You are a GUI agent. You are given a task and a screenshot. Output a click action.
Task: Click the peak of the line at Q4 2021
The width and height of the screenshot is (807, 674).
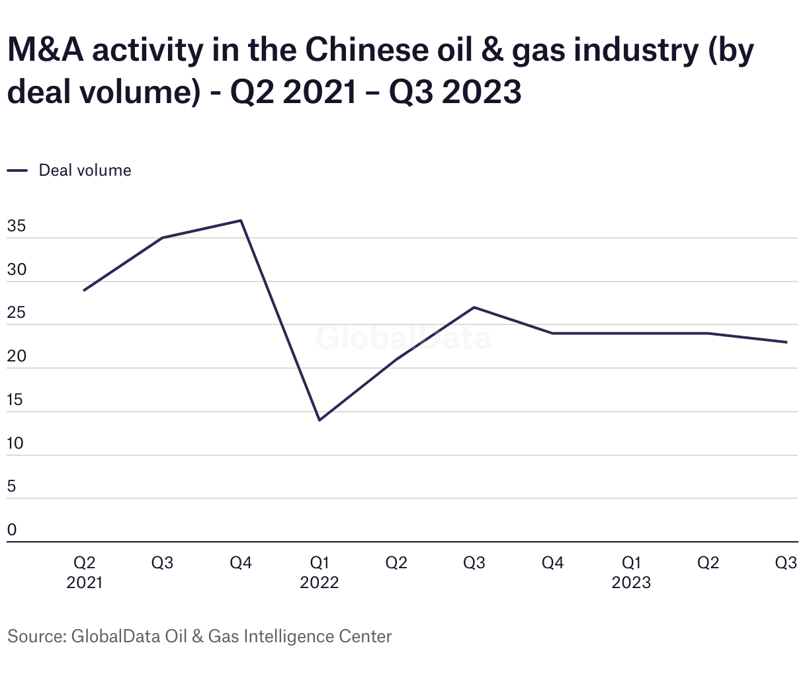pyautogui.click(x=241, y=221)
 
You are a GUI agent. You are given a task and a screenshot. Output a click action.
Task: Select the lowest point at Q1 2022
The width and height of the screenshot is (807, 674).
pyautogui.click(x=319, y=420)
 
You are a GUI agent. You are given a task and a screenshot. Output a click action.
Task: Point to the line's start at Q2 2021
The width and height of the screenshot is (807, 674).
pyautogui.click(x=84, y=290)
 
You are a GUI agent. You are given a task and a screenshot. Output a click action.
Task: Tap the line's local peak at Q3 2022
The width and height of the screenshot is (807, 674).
pyautogui.click(x=474, y=307)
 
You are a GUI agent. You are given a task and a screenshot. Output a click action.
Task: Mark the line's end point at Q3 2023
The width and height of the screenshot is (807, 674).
pyautogui.click(x=786, y=342)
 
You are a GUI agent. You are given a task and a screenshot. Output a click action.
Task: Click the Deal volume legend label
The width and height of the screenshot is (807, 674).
pyautogui.click(x=85, y=170)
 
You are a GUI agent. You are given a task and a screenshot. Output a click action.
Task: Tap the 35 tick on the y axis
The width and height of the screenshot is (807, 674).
pyautogui.click(x=17, y=226)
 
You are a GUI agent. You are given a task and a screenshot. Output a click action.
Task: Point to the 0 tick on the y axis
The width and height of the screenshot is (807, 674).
pyautogui.click(x=12, y=530)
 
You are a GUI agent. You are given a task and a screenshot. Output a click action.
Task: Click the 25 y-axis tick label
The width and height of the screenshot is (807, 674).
pyautogui.click(x=17, y=313)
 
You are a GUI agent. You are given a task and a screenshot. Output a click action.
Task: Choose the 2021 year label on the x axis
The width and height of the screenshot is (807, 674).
pyautogui.click(x=85, y=583)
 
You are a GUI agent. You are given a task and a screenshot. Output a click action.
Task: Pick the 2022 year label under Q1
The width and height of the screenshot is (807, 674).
pyautogui.click(x=319, y=583)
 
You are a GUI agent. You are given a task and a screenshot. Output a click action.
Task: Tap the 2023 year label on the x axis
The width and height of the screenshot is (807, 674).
pyautogui.click(x=631, y=583)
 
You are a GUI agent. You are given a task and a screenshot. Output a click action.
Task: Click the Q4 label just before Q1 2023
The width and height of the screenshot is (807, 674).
pyautogui.click(x=552, y=563)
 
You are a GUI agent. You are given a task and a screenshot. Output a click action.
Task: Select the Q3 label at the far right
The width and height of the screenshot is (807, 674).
pyautogui.click(x=786, y=563)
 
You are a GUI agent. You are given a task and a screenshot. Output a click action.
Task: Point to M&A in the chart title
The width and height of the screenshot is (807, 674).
pyautogui.click(x=44, y=51)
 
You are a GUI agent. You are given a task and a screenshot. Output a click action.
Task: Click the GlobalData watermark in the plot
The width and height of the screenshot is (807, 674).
pyautogui.click(x=403, y=338)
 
